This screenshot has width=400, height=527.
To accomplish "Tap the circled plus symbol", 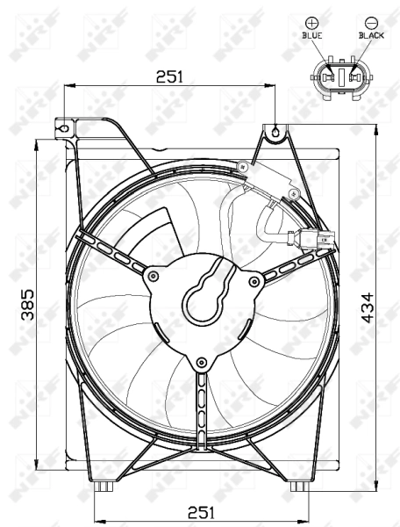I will click(311, 21).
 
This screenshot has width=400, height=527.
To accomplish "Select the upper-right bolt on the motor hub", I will click(254, 281).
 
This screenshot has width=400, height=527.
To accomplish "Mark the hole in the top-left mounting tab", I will click(62, 126).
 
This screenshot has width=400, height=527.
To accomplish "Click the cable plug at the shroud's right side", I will click(312, 238).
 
